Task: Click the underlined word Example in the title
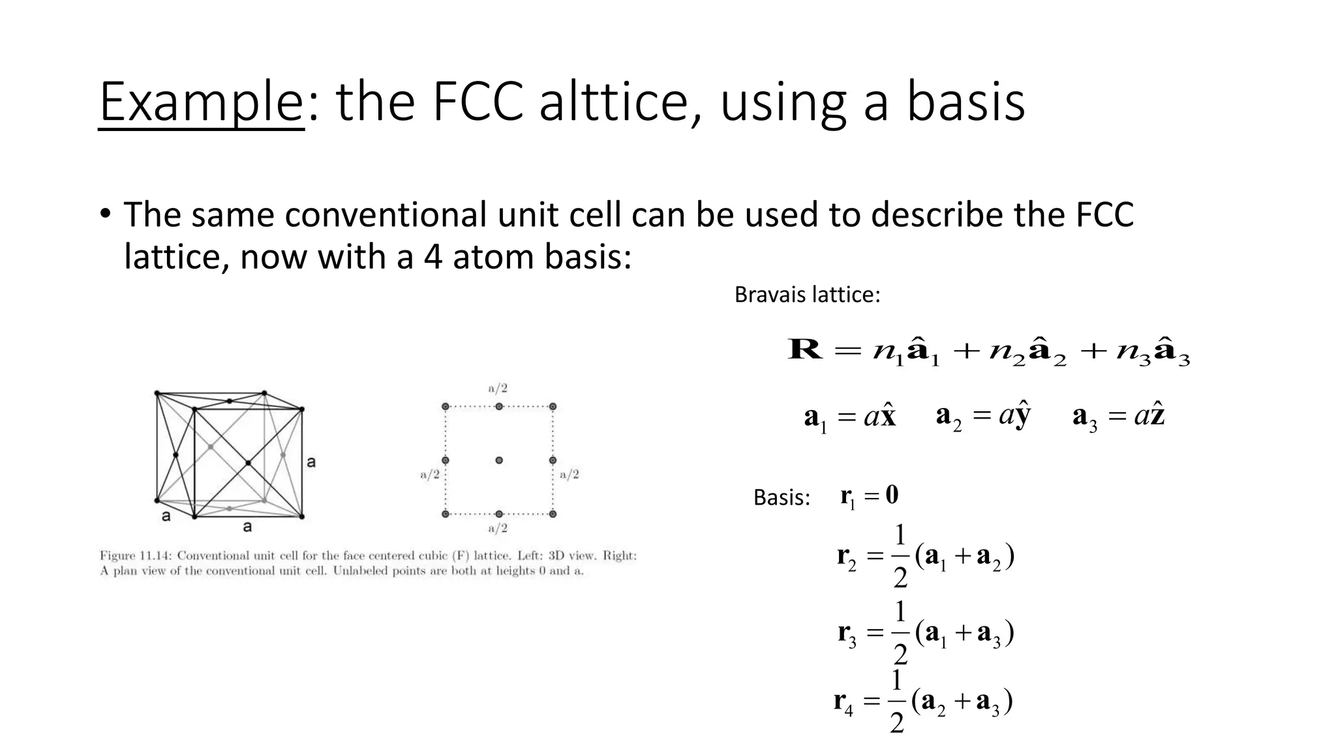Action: click(202, 102)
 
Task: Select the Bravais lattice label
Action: click(807, 295)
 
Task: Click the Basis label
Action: click(782, 498)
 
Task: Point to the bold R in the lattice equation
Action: click(805, 349)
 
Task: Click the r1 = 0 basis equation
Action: click(869, 497)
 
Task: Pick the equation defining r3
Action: click(926, 633)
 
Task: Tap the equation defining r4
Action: click(923, 702)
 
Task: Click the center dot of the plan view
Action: click(499, 460)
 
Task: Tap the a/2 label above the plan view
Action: click(498, 389)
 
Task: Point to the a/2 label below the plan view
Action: click(498, 528)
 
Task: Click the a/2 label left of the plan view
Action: click(430, 475)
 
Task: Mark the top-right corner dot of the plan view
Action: click(553, 407)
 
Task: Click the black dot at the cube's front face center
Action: click(249, 463)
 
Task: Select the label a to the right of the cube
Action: click(311, 462)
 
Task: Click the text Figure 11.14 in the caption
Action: click(135, 556)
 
